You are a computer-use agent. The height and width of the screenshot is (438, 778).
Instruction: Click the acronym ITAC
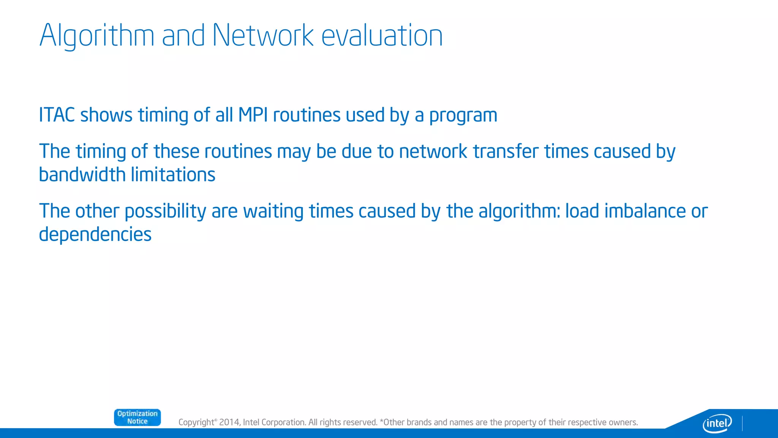pyautogui.click(x=57, y=115)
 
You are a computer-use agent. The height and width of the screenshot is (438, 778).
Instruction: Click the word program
pyautogui.click(x=463, y=116)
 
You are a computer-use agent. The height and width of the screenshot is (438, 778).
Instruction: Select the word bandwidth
pyautogui.click(x=82, y=175)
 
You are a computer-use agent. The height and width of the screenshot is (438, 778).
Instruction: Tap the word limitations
pyautogui.click(x=173, y=175)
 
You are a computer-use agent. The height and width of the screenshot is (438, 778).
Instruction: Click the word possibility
pyautogui.click(x=165, y=211)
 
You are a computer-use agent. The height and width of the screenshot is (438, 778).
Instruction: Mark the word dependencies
pyautogui.click(x=95, y=235)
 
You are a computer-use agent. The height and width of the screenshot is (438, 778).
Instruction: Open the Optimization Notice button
pyautogui.click(x=137, y=417)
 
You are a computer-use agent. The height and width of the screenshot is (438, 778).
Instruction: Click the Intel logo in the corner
pyautogui.click(x=717, y=423)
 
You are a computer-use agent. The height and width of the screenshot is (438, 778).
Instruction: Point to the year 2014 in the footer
pyautogui.click(x=229, y=422)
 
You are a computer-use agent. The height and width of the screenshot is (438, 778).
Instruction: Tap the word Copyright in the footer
pyautogui.click(x=196, y=422)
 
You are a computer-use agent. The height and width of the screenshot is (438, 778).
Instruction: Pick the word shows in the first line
pyautogui.click(x=106, y=115)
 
